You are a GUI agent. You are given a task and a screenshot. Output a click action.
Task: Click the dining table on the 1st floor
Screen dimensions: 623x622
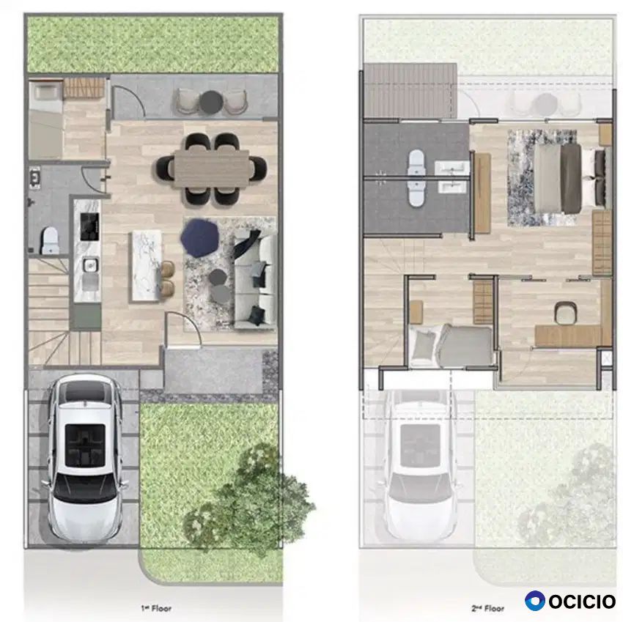[x=211, y=168]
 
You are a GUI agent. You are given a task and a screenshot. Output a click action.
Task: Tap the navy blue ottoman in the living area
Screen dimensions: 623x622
[x=200, y=237]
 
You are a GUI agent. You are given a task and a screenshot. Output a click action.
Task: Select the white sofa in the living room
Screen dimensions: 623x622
[x=254, y=281]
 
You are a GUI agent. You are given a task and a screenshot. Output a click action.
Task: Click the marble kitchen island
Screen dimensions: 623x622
[x=147, y=265]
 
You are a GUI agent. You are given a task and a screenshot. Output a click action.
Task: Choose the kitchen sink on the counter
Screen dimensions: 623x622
[x=91, y=265]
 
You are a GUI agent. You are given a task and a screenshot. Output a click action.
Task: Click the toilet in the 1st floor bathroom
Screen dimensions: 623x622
[x=51, y=240]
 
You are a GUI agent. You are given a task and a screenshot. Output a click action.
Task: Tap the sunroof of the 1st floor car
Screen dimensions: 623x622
[x=85, y=445]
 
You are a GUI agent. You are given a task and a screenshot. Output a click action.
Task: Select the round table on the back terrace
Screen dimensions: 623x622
[x=210, y=101]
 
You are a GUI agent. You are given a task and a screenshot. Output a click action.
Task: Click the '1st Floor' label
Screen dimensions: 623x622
[x=156, y=608]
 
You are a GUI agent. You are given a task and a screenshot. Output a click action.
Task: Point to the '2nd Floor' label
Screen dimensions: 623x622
[x=487, y=608]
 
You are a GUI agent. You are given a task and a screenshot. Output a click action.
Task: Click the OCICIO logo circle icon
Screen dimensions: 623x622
[x=535, y=601]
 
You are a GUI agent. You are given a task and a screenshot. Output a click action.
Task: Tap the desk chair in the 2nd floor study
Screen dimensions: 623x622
[x=566, y=313]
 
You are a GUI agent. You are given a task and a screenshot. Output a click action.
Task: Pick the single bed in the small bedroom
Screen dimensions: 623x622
[x=451, y=345]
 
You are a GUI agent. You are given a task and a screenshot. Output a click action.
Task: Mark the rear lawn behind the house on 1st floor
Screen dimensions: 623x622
[x=153, y=45]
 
